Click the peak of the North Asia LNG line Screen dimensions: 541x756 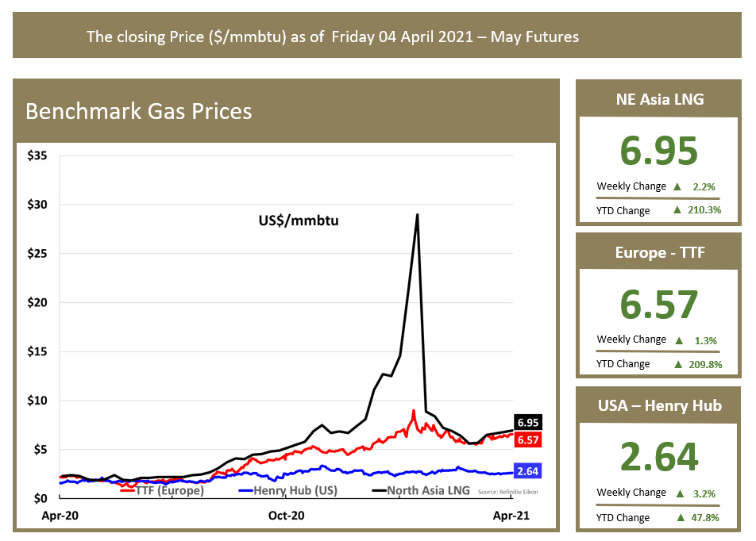click(x=417, y=215)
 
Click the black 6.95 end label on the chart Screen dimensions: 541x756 click(x=528, y=422)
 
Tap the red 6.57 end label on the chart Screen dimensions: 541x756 click(x=528, y=439)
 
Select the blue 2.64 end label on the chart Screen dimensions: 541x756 click(x=528, y=470)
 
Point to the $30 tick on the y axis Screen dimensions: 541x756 click(x=37, y=205)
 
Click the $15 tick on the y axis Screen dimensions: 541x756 click(x=37, y=351)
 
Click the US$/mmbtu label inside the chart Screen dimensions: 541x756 click(x=300, y=220)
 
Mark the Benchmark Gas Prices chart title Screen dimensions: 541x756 click(x=139, y=110)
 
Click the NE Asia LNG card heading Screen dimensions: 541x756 click(x=660, y=99)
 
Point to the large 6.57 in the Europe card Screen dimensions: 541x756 click(x=659, y=305)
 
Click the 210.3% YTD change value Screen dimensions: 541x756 click(x=704, y=210)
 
